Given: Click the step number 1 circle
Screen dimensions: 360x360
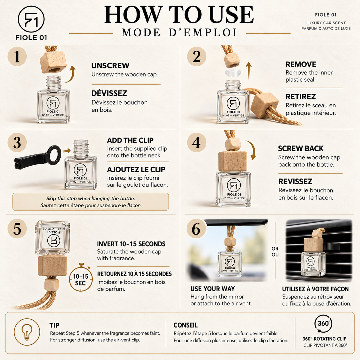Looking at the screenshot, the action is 17,56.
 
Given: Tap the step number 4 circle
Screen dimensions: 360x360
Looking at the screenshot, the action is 196,143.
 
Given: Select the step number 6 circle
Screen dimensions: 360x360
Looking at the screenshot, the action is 196,229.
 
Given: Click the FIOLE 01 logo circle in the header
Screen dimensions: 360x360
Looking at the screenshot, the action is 31,19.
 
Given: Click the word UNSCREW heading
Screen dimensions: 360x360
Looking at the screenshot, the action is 110,66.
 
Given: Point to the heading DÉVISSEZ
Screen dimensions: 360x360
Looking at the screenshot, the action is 109,93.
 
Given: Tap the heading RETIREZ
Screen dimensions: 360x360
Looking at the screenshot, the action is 301,97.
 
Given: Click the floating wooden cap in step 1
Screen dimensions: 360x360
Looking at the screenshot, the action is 53,63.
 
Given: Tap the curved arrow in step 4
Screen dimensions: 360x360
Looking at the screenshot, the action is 252,150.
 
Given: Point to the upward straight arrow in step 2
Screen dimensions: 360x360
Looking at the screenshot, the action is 248,71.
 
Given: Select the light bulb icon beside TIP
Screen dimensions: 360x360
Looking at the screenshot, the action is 27,331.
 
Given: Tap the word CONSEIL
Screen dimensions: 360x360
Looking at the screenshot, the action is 185,325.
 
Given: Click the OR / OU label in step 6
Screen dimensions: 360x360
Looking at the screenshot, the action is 275,252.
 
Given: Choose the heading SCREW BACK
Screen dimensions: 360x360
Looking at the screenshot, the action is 301,148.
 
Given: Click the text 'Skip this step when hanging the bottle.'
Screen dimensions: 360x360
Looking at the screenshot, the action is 91,198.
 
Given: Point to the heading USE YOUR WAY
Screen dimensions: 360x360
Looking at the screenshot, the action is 213,289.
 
